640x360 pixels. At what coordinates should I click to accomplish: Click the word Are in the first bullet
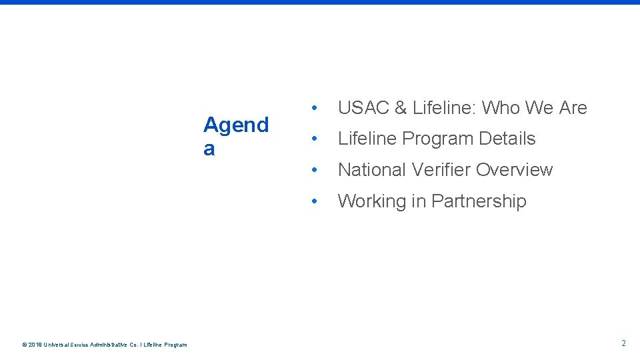tap(572, 107)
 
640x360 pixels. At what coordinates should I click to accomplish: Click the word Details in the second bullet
tap(510, 139)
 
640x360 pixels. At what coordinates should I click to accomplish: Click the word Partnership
tap(479, 201)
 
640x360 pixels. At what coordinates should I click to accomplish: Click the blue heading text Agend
tap(236, 125)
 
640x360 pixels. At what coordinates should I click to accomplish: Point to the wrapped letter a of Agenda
tap(209, 149)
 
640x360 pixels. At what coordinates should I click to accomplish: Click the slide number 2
tap(623, 343)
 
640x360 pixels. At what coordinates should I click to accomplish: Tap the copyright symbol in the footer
tap(25, 345)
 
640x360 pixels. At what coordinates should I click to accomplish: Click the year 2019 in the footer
tap(35, 345)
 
